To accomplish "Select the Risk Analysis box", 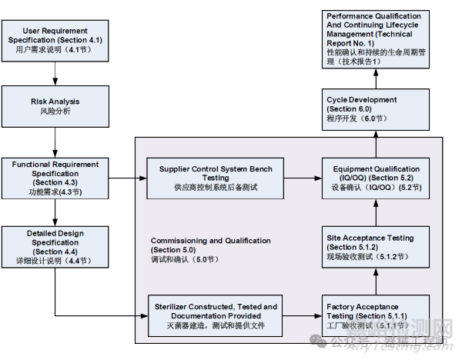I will (x=55, y=106).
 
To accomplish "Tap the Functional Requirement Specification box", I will (x=55, y=177).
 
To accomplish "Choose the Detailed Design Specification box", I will (x=55, y=246).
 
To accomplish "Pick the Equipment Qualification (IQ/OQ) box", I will (x=374, y=178).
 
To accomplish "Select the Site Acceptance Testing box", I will (x=374, y=246).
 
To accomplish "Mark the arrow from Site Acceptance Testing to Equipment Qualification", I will (x=374, y=211).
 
